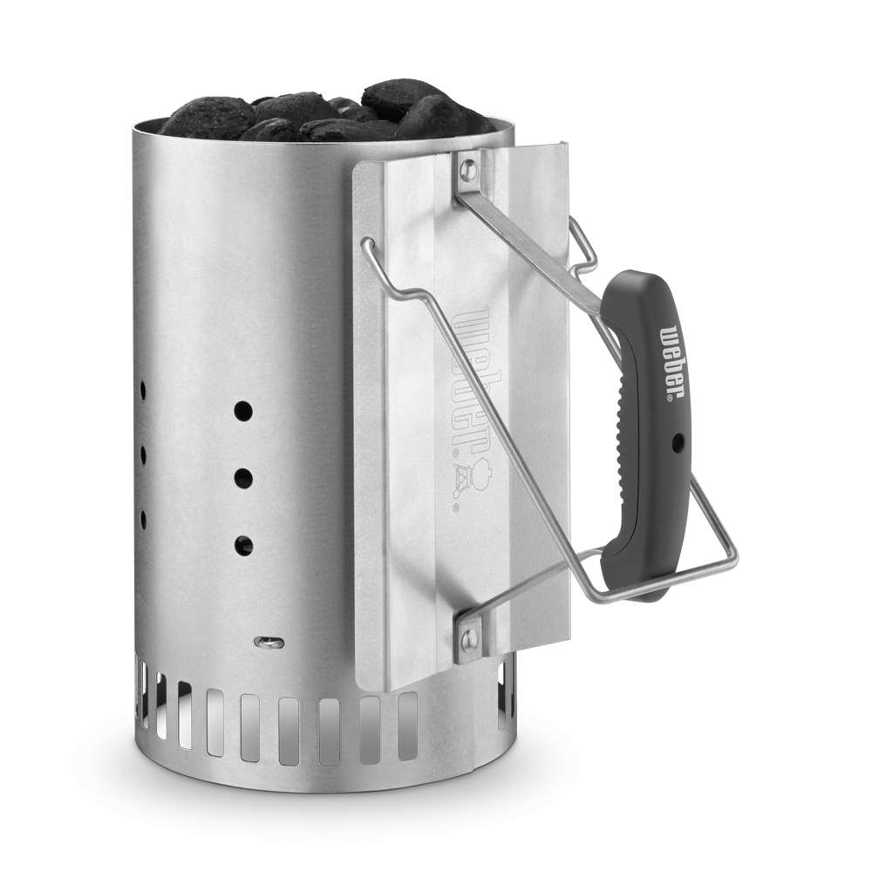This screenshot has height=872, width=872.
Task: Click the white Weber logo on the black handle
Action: coord(672,363)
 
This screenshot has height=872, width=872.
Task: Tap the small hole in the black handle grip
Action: coord(678,443)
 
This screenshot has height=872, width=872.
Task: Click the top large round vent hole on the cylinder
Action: coord(243,412)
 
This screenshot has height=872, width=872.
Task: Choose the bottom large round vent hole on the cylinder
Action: coord(243,546)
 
